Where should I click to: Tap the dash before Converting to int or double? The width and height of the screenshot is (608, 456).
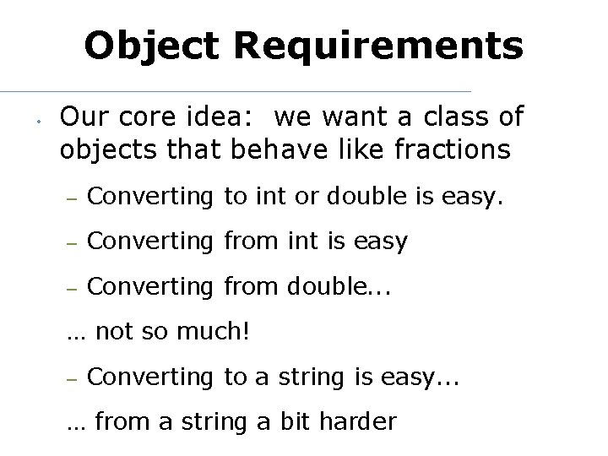[73, 198]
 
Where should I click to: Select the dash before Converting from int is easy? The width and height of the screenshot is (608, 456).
[73, 242]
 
